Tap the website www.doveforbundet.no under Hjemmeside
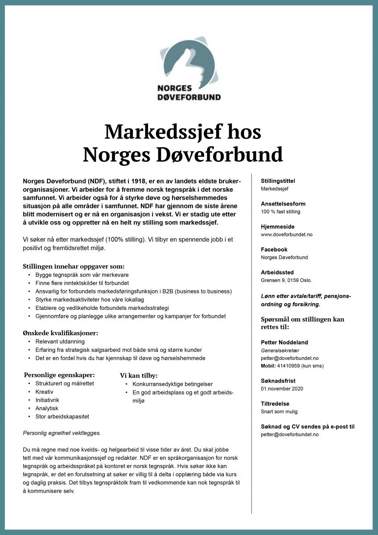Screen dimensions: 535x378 click(287, 235)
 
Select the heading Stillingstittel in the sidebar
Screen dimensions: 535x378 click(278, 181)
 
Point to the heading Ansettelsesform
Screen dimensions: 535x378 click(283, 204)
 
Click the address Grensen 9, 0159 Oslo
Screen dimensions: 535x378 click(286, 280)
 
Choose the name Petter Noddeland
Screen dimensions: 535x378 click(284, 342)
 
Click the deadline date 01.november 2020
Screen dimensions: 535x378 click(282, 389)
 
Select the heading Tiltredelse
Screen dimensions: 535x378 click(275, 404)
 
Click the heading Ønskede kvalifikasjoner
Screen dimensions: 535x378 click(60, 333)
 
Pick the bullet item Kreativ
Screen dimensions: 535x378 click(44, 392)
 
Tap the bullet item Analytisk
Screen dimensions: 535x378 click(47, 408)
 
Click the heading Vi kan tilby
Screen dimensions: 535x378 click(139, 375)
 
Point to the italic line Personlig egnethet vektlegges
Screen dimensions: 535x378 click(62, 432)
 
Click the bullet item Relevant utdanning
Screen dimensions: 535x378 click(60, 342)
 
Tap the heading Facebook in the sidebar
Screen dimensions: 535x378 click(274, 250)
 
